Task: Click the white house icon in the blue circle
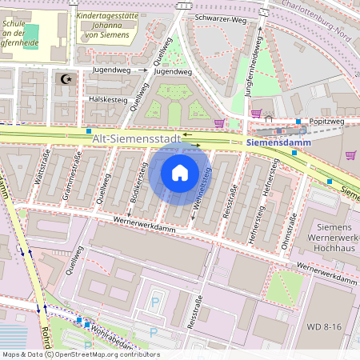click(180, 173)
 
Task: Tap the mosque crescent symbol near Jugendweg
click(66, 79)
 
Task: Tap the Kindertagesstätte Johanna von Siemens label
click(111, 24)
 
